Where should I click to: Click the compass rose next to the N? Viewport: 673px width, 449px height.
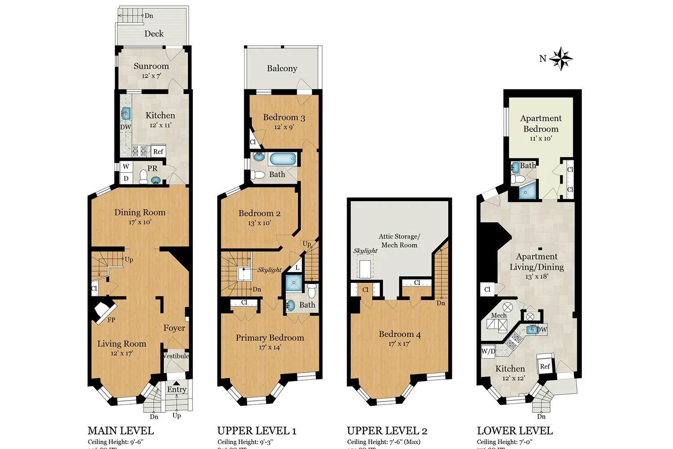pyautogui.click(x=561, y=59)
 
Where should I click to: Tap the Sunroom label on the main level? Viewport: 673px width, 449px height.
pyautogui.click(x=151, y=66)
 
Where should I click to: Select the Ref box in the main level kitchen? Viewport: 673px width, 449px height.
pyautogui.click(x=158, y=151)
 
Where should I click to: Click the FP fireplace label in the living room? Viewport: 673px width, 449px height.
pyautogui.click(x=111, y=320)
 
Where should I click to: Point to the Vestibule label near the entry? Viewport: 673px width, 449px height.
pyautogui.click(x=176, y=356)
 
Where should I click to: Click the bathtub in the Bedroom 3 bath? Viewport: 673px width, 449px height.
pyautogui.click(x=283, y=159)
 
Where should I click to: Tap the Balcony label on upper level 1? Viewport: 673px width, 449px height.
pyautogui.click(x=282, y=68)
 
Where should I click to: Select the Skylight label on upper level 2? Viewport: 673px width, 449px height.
pyautogui.click(x=365, y=251)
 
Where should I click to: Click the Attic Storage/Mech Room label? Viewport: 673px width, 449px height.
pyautogui.click(x=399, y=240)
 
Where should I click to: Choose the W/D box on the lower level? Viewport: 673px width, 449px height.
pyautogui.click(x=488, y=351)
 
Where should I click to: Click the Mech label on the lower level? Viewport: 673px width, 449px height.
pyautogui.click(x=498, y=315)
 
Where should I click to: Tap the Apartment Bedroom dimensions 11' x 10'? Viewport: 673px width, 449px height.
pyautogui.click(x=541, y=138)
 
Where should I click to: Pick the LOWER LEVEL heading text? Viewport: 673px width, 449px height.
pyautogui.click(x=515, y=431)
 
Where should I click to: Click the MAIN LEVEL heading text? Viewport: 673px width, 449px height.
pyautogui.click(x=121, y=431)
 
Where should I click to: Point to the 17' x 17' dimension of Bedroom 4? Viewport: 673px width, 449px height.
pyautogui.click(x=399, y=343)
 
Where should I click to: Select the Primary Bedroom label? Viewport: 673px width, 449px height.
pyautogui.click(x=270, y=338)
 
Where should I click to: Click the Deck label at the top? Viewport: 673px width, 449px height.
pyautogui.click(x=154, y=34)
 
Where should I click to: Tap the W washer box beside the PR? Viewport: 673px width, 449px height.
pyautogui.click(x=126, y=166)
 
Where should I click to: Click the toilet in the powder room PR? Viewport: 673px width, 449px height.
pyautogui.click(x=144, y=178)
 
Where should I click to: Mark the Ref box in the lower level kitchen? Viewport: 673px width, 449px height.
pyautogui.click(x=545, y=366)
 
